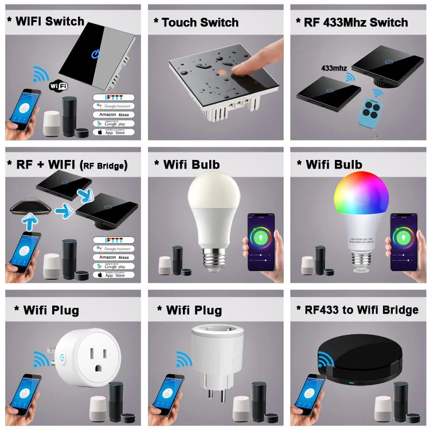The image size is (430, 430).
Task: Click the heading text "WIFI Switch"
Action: point(49,22)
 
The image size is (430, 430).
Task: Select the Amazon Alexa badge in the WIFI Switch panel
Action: point(113,115)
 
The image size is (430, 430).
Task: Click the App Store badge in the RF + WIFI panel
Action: point(113,275)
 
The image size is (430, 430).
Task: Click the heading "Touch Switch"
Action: point(200,22)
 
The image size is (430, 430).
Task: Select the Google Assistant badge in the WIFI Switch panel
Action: point(113,106)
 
